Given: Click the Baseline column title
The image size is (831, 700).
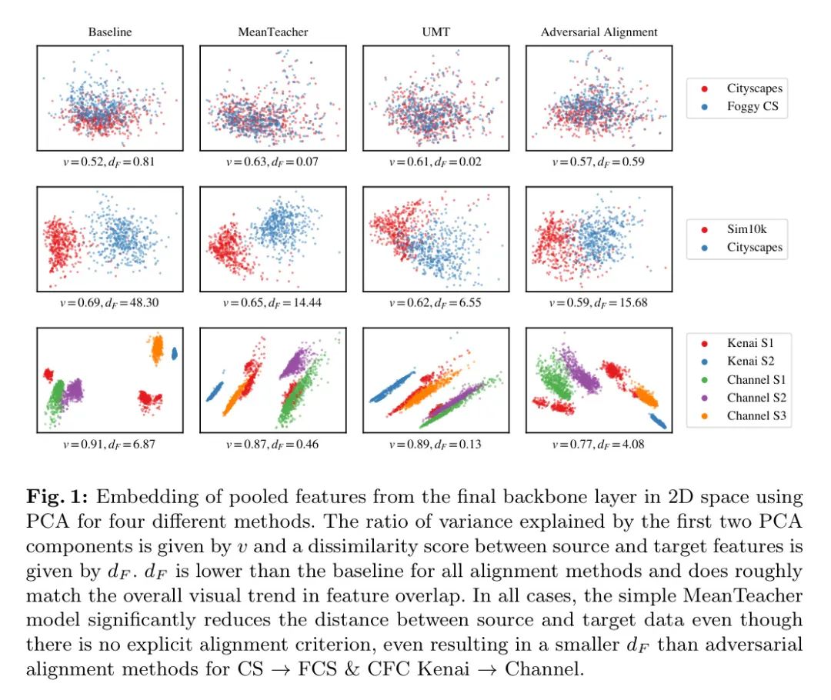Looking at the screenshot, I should (x=110, y=32).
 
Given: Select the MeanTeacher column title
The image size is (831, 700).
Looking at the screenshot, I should (x=272, y=32).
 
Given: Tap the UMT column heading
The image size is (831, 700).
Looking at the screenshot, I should (x=436, y=32).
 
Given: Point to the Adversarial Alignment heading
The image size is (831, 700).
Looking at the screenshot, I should (x=599, y=32).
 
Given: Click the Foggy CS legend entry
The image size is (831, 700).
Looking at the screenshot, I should (x=753, y=106).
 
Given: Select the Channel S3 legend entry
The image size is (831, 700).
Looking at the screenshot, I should (x=758, y=416).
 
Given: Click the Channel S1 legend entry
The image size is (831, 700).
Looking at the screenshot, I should (x=758, y=380).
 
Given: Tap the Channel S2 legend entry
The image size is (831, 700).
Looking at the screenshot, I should (x=758, y=398).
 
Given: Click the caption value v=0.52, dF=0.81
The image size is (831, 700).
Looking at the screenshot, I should (x=110, y=162).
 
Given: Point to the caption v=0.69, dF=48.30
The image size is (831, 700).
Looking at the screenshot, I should (x=110, y=302).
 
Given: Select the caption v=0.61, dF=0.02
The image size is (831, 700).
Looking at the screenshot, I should (x=436, y=162).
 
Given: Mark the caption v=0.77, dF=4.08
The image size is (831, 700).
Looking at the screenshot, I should (x=599, y=444).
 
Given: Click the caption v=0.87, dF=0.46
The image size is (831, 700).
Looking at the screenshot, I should (x=272, y=444).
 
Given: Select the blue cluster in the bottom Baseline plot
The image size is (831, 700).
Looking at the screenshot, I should (x=175, y=354).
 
